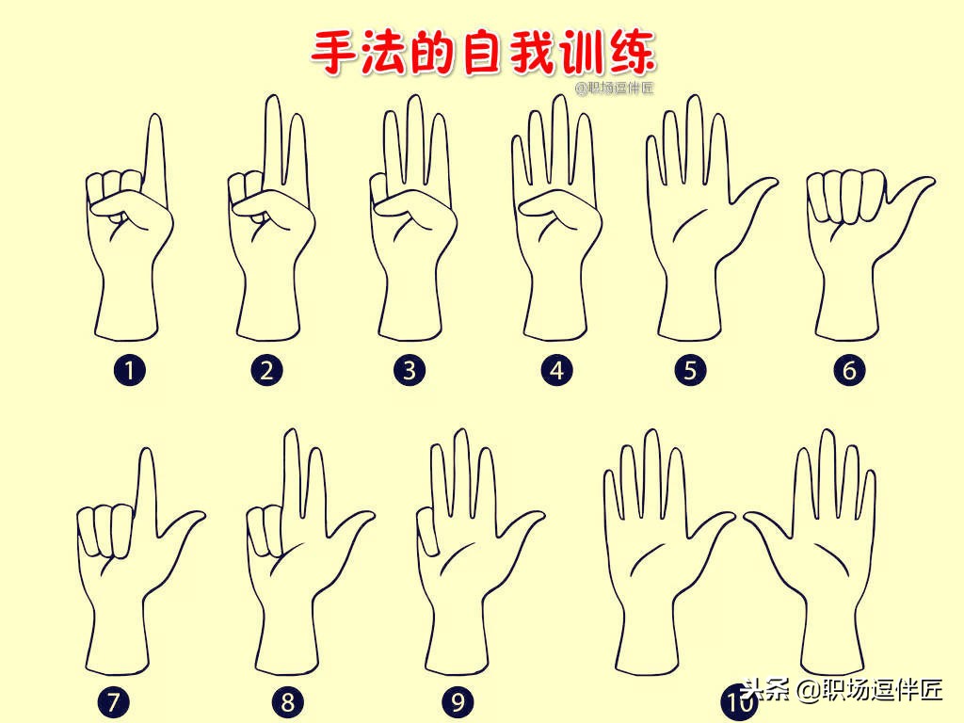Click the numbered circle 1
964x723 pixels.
pyautogui.click(x=129, y=370)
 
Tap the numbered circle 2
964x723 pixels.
pyautogui.click(x=267, y=370)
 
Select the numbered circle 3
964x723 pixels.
pyautogui.click(x=409, y=370)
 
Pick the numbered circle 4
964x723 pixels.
pyautogui.click(x=556, y=370)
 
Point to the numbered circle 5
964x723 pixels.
pyautogui.click(x=690, y=370)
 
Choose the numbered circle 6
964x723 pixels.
pyautogui.click(x=849, y=370)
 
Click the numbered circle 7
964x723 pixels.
pyautogui.click(x=114, y=701)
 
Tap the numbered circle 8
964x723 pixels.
pyautogui.click(x=288, y=701)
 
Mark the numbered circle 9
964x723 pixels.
pyautogui.click(x=458, y=701)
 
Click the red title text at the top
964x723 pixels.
pyautogui.click(x=482, y=52)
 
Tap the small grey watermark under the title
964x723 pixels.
pyautogui.click(x=614, y=88)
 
